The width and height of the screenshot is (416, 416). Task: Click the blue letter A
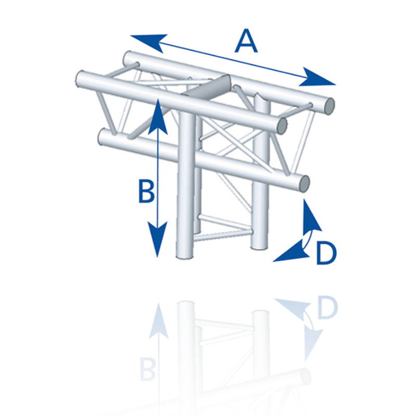246,41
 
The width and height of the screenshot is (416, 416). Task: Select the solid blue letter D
327,253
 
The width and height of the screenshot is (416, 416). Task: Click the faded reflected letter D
328,308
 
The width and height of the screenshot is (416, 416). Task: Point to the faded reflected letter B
148,369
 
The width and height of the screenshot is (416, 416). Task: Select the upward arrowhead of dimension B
158,116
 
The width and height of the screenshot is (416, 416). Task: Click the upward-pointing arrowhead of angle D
311,216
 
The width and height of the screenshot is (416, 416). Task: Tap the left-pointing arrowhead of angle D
291,252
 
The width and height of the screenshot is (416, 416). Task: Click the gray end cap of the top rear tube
330,106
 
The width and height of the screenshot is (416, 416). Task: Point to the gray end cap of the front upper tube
282,125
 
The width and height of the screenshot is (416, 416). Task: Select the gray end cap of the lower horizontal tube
304,184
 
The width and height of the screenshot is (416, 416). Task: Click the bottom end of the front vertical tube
185,256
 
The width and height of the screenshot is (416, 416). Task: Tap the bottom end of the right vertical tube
259,247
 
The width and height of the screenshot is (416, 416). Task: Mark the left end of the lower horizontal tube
102,137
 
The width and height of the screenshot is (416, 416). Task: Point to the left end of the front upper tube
80,79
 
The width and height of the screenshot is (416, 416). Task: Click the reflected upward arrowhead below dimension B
159,321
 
